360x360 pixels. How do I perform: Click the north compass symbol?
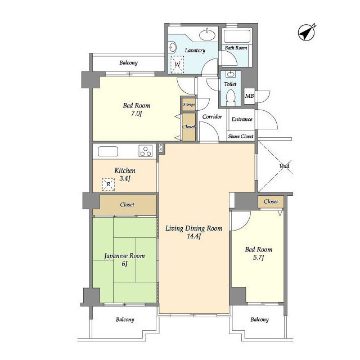(x=306, y=33)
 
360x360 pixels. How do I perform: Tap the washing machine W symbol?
(x=178, y=65)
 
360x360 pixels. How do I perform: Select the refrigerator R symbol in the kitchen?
(x=109, y=184)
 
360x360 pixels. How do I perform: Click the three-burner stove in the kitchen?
(x=146, y=151)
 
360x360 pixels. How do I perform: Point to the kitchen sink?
(x=108, y=151)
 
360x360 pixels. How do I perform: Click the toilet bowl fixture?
(x=231, y=97)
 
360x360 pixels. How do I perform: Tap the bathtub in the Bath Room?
(x=237, y=36)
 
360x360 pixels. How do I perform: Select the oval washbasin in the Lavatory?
(x=208, y=35)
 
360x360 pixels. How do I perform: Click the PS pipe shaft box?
(x=160, y=147)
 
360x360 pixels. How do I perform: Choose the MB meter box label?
(x=249, y=96)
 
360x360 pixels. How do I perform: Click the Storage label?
(x=189, y=105)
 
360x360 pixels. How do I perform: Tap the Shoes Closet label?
(x=241, y=136)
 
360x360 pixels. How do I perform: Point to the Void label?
(x=284, y=166)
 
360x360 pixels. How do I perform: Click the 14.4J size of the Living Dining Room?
(x=194, y=236)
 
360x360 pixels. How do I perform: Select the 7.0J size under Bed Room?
(x=136, y=114)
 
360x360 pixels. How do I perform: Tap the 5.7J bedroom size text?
(x=259, y=258)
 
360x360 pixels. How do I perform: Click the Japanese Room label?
(x=124, y=256)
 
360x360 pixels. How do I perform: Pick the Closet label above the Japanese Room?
(x=127, y=205)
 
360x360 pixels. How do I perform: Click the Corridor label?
(x=212, y=116)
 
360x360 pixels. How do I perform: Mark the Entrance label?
(x=242, y=119)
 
